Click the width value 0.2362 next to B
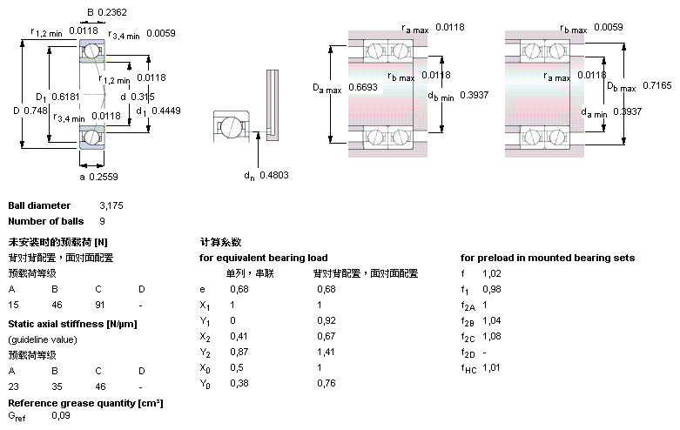pyautogui.click(x=112, y=12)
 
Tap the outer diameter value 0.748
pyautogui.click(x=36, y=111)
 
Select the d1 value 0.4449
pyautogui.click(x=166, y=111)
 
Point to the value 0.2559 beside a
pyautogui.click(x=104, y=177)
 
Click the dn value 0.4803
pyautogui.click(x=274, y=175)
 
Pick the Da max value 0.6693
pyautogui.click(x=363, y=87)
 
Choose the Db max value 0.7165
pyautogui.click(x=657, y=85)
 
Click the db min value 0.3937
pyautogui.click(x=474, y=95)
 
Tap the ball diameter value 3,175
pyautogui.click(x=111, y=205)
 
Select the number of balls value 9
pyautogui.click(x=103, y=221)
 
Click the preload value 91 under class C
pyautogui.click(x=100, y=305)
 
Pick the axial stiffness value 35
pyautogui.click(x=57, y=386)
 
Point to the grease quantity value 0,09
pyautogui.click(x=61, y=415)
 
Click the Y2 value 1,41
pyautogui.click(x=326, y=352)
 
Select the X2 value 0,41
pyautogui.click(x=239, y=336)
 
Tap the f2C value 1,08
pyautogui.click(x=492, y=336)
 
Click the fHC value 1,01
pyautogui.click(x=491, y=367)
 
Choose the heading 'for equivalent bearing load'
pyautogui.click(x=264, y=258)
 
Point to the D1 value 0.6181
pyautogui.click(x=65, y=97)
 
